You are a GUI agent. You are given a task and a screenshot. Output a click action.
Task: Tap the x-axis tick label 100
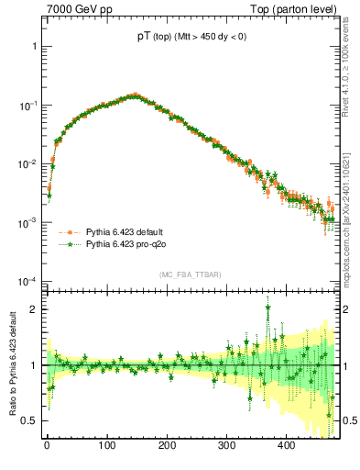click(x=106, y=445)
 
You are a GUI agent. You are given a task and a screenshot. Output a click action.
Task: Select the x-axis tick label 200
click(x=167, y=445)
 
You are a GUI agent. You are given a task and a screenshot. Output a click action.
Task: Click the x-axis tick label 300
click(x=226, y=445)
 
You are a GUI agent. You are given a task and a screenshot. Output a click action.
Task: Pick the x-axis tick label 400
click(x=286, y=445)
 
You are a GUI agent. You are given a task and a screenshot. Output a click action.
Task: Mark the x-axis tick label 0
click(x=47, y=445)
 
